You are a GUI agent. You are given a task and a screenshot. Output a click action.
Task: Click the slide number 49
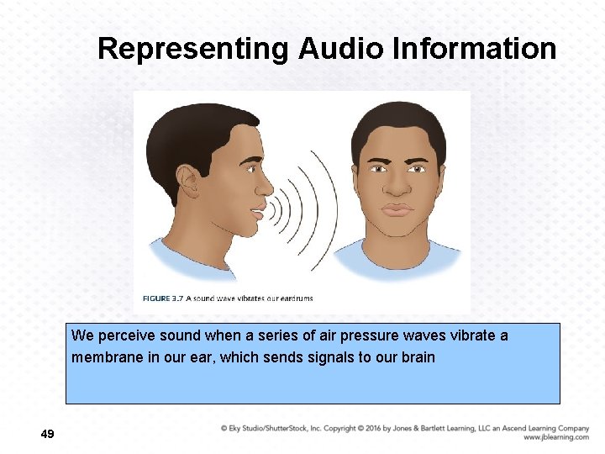(x=47, y=434)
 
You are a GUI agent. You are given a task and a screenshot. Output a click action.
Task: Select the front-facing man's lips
(x=397, y=209)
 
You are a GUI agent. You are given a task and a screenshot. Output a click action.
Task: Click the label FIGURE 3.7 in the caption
(x=162, y=298)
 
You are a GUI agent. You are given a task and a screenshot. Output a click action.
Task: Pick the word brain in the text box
(x=418, y=357)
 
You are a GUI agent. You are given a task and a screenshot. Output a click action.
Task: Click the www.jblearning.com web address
(x=555, y=437)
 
